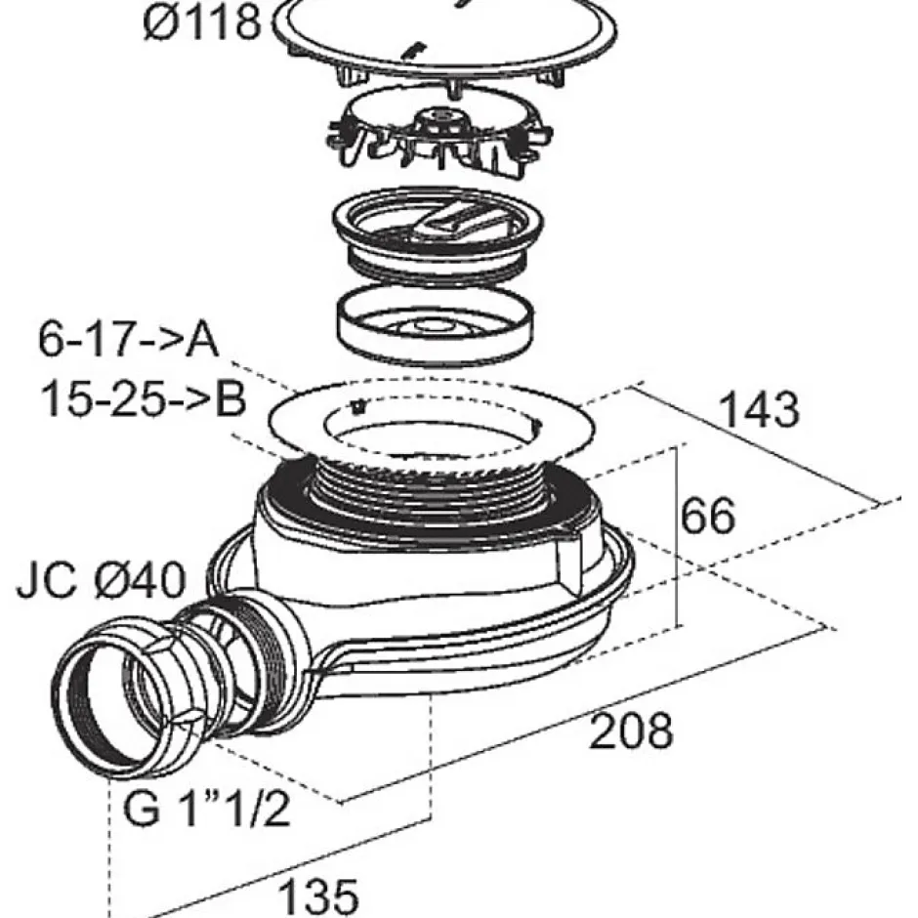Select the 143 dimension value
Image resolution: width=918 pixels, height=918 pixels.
coord(759,410)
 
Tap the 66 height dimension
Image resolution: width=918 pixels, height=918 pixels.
coord(708,516)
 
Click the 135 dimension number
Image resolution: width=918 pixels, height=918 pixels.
coord(318,894)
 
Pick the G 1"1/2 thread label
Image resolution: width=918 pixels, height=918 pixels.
coord(208,809)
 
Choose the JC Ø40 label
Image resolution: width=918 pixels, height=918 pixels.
coord(100,582)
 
